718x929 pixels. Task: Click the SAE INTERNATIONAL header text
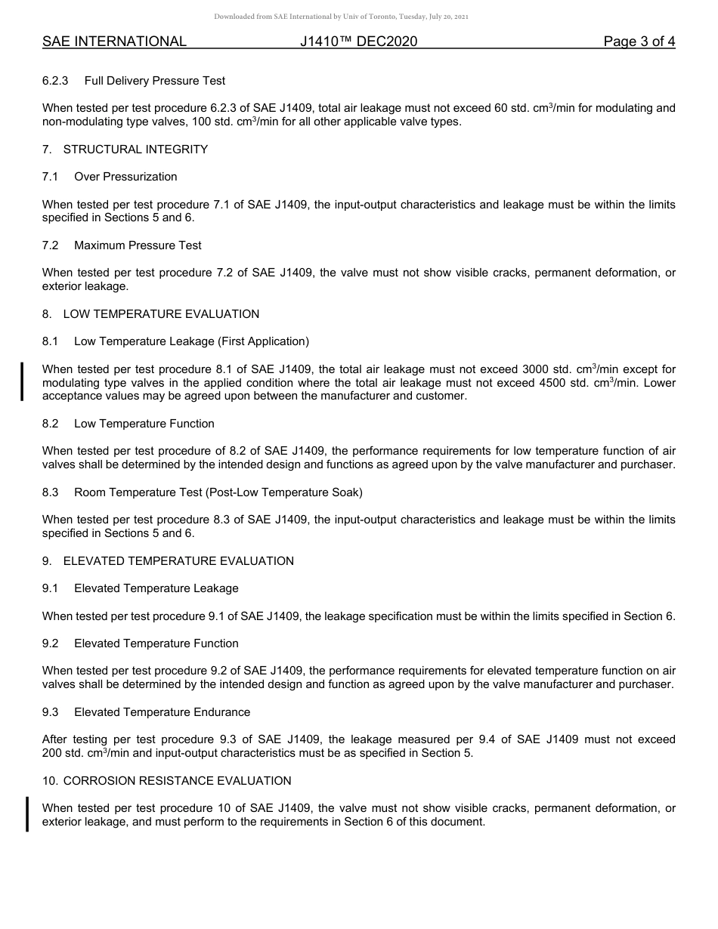(x=114, y=42)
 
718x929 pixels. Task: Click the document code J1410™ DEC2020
(x=358, y=42)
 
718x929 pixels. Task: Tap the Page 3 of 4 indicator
(x=639, y=42)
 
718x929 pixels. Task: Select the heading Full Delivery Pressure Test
(x=154, y=81)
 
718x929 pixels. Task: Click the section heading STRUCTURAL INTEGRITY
(x=135, y=150)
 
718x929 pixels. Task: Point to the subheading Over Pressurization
(x=125, y=177)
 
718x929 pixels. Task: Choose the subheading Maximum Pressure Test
(x=138, y=245)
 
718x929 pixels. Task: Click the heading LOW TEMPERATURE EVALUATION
(x=161, y=314)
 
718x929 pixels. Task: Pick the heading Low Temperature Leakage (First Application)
(x=191, y=341)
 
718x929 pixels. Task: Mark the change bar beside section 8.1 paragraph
(x=23, y=381)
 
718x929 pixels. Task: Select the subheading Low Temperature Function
(x=144, y=424)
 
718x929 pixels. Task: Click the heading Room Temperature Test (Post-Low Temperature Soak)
(x=218, y=492)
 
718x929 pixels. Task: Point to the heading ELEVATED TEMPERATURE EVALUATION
(x=178, y=561)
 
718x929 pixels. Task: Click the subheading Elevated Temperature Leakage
(x=156, y=588)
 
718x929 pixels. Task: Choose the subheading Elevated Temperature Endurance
(x=162, y=712)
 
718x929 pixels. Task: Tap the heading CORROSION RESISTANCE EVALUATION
(x=177, y=781)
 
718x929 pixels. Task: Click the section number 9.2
(x=51, y=644)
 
